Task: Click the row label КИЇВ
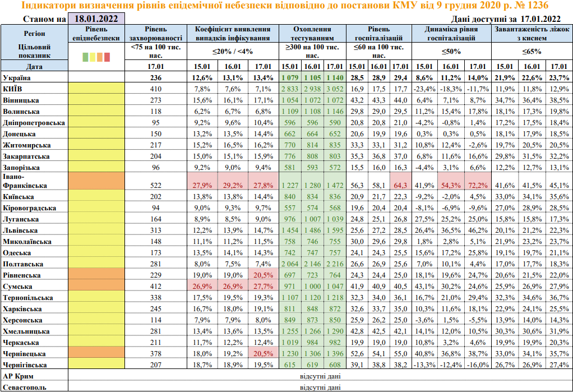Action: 14,89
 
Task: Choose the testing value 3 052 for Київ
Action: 334,89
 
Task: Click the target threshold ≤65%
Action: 532,51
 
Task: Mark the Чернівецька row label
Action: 25,353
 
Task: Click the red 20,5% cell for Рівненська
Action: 264,275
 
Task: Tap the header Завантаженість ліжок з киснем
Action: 532,33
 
